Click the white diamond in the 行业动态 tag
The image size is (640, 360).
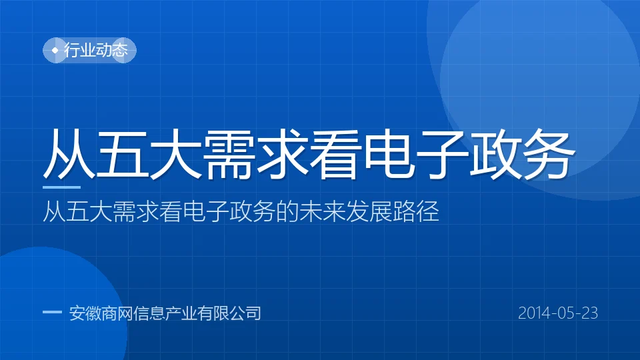[55, 50]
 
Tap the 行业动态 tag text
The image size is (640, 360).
[96, 50]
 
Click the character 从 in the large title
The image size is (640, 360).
[69, 154]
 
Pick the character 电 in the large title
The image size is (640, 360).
[388, 154]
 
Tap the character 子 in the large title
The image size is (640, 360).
[441, 154]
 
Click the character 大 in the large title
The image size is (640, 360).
[175, 154]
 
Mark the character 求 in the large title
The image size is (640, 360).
[282, 154]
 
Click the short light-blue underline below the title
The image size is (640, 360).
[61, 187]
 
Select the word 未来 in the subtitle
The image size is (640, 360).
[322, 211]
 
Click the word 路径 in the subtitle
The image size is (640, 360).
[416, 211]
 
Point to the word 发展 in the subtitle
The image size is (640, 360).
[369, 211]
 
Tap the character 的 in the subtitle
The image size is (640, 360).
[287, 211]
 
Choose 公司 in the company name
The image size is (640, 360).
[245, 313]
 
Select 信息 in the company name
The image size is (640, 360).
[149, 313]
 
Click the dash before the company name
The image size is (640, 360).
[52, 312]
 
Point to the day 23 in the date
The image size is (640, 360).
[590, 313]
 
